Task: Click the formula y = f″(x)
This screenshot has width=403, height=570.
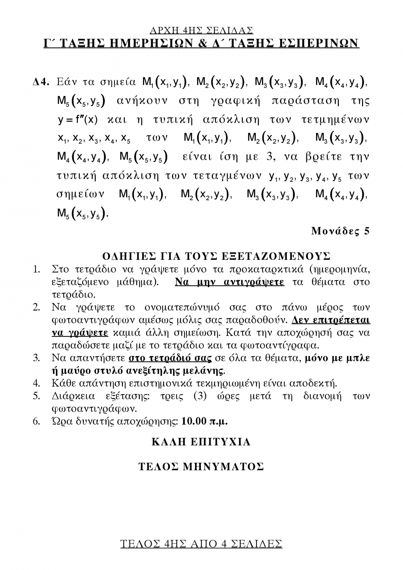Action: click(78, 120)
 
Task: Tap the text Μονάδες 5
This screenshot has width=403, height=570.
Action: click(340, 231)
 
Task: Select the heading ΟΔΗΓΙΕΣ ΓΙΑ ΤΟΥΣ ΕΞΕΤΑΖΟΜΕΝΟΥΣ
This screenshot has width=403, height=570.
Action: click(216, 256)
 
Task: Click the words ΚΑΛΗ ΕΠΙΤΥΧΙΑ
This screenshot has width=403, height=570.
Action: click(201, 442)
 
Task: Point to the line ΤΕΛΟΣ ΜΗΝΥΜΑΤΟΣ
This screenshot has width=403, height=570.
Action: click(201, 467)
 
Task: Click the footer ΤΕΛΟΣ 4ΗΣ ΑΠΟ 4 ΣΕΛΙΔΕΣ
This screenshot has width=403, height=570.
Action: click(201, 543)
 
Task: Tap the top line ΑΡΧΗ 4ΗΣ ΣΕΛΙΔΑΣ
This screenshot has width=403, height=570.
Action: click(201, 31)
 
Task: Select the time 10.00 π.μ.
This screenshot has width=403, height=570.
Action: click(204, 421)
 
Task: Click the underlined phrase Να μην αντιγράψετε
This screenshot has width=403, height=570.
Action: click(229, 282)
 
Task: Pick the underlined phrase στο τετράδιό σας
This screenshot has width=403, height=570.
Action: click(170, 358)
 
